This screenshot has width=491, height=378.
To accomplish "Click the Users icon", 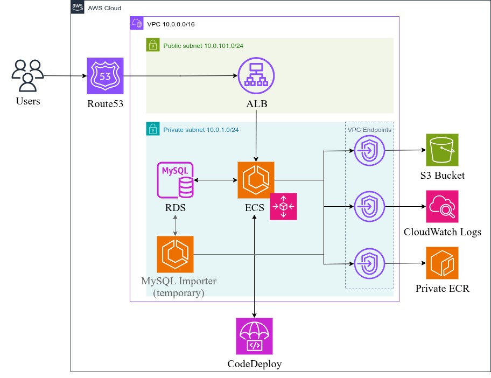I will pos(27,76).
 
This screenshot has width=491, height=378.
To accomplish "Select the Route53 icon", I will pos(106,76).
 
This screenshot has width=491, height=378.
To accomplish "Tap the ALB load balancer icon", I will pos(256,76).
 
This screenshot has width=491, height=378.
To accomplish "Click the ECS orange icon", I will pos(256,180).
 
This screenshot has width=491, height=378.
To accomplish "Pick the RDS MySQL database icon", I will pos(176,180).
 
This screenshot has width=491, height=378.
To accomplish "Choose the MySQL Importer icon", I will pos(175,254).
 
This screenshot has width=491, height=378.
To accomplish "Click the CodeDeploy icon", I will pos(254,336).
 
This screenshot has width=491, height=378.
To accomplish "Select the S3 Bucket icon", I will pos(442,150).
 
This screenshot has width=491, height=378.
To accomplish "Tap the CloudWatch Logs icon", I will pos(442,207).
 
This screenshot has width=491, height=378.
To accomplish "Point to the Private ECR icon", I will pos(442,263).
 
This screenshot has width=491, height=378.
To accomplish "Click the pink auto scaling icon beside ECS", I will pos(283,206).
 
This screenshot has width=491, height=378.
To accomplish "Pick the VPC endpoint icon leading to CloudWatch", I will pos(369,206).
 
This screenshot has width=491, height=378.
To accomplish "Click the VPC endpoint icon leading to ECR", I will pos(369,263).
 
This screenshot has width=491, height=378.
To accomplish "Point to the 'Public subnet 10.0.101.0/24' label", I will pos(203,46).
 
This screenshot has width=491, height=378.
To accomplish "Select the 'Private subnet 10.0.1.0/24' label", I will pos(201,130).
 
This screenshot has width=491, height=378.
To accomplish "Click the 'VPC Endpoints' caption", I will pos(369,130).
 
